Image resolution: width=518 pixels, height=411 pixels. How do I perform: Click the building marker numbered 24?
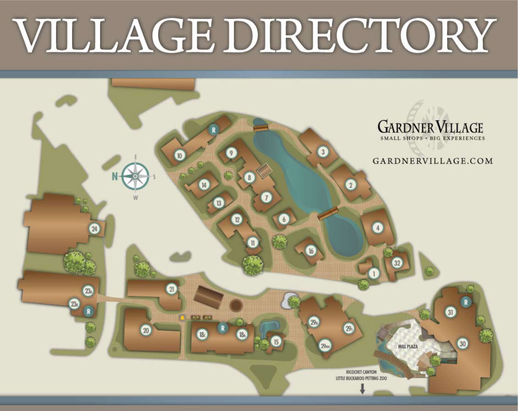click(94, 229)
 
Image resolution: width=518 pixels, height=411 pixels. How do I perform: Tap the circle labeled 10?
click(179, 156)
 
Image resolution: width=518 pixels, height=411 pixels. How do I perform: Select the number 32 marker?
click(398, 263)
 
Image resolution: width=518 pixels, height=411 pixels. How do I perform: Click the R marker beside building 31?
click(466, 302)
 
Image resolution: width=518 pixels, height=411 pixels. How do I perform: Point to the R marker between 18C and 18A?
click(222, 328)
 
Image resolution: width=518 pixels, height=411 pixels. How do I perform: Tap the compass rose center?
click(136, 176)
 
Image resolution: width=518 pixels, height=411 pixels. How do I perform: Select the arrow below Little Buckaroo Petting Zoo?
click(362, 389)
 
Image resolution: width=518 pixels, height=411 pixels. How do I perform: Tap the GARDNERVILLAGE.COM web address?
click(432, 161)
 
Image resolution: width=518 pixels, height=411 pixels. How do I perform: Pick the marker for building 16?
click(311, 251)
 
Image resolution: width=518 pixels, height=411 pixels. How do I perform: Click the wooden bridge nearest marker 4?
click(328, 213)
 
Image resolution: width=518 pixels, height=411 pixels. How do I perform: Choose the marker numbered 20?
click(146, 330)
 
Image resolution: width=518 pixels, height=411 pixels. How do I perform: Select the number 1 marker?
click(374, 274)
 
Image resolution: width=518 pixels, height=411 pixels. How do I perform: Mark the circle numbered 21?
click(172, 289)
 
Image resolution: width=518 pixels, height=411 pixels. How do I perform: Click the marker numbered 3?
click(323, 151)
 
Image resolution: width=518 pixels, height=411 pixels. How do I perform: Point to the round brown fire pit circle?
click(236, 305)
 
